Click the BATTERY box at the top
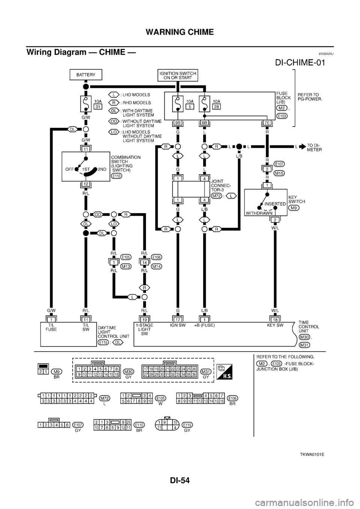point(86,75)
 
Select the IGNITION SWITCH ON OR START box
point(177,75)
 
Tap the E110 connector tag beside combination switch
point(117,177)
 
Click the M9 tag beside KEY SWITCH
point(294,208)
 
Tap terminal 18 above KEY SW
point(276,319)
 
